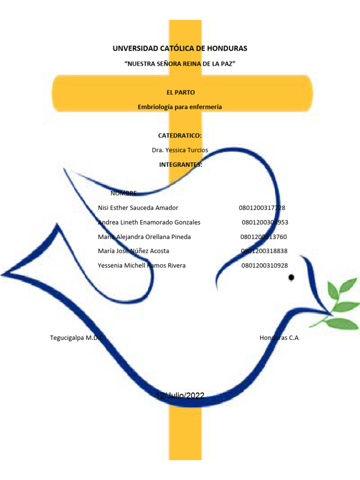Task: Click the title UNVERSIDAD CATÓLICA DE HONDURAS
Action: point(180,48)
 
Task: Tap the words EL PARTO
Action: point(180,92)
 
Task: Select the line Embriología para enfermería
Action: point(180,107)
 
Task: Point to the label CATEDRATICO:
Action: point(180,135)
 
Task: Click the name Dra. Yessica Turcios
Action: point(180,150)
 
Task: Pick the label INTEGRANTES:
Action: point(180,165)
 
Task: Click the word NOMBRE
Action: point(124,193)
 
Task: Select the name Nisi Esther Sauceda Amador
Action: point(138,208)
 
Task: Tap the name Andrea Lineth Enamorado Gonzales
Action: point(149,222)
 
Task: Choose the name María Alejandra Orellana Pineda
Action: point(144,237)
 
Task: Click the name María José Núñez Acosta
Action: point(134,251)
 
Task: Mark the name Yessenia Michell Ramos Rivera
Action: point(142,265)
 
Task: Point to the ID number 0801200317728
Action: point(262,208)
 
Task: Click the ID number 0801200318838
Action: point(264,251)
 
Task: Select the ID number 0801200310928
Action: point(265,265)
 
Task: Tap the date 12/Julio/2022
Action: point(180,396)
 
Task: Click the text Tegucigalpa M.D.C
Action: point(76,337)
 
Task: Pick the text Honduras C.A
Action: point(279,337)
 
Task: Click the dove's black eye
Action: point(292,277)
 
